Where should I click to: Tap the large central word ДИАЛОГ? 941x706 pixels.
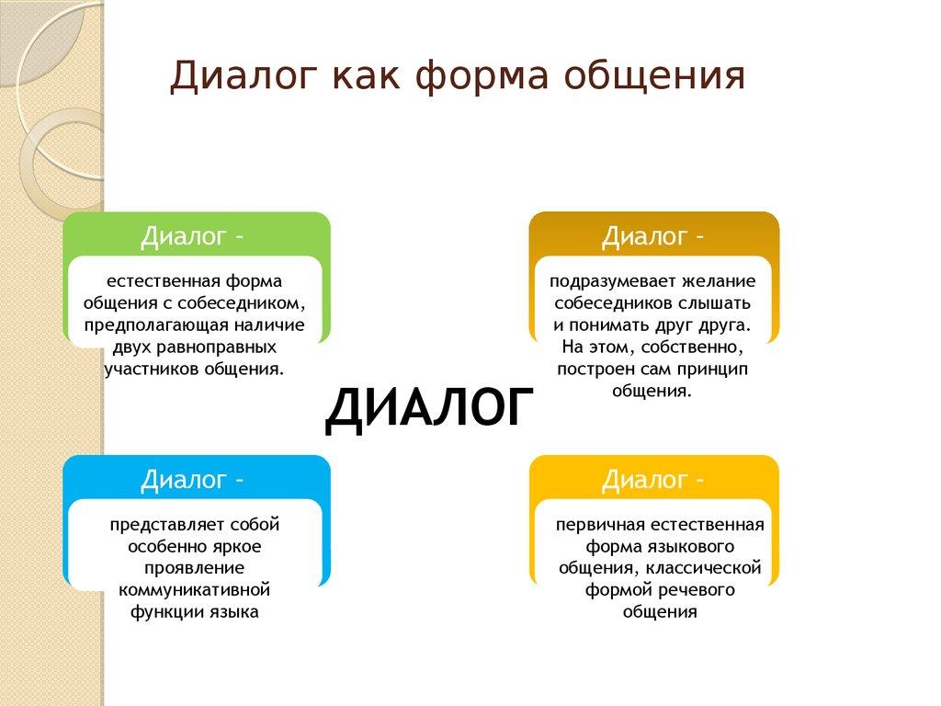pos(429,407)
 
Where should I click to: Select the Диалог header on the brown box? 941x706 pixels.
pos(643,237)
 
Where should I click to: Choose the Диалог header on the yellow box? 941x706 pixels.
pos(643,480)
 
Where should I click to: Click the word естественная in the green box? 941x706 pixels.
pos(160,280)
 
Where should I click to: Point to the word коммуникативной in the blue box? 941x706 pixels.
pos(195,589)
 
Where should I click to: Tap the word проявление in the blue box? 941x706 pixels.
pos(195,567)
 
